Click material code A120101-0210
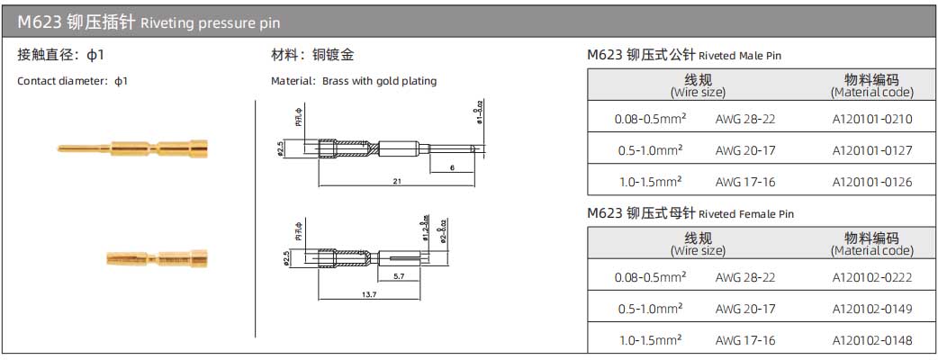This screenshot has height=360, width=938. tap(871, 119)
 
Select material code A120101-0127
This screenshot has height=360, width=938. tap(871, 150)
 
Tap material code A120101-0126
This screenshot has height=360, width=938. tap(871, 182)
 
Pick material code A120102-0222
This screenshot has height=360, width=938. tap(871, 277)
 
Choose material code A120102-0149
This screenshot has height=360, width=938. tap(871, 309)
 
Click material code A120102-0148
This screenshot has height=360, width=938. tap(871, 340)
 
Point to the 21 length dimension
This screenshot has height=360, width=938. tap(396, 181)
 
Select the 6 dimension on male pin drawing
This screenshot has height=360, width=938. tap(450, 167)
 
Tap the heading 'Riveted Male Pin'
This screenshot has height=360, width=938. tap(740, 56)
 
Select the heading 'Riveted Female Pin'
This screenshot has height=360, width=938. tap(746, 214)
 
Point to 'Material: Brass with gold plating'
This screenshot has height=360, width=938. tap(354, 81)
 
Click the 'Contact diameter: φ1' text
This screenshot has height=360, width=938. tap(73, 81)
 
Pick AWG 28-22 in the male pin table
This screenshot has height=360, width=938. tap(744, 119)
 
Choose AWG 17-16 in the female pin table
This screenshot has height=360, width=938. tap(744, 340)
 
